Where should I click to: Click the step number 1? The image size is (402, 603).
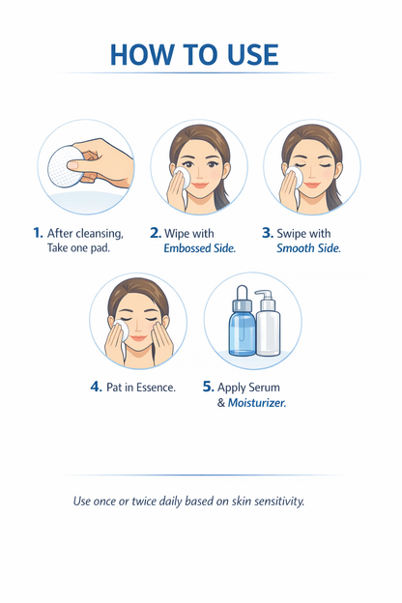pyautogui.click(x=38, y=233)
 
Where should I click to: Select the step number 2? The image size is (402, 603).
pyautogui.click(x=156, y=233)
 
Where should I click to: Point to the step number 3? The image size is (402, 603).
pyautogui.click(x=268, y=233)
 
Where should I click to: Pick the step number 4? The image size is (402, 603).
pyautogui.click(x=97, y=387)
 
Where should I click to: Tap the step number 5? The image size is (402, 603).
pyautogui.click(x=208, y=387)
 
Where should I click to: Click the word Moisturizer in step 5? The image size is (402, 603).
pyautogui.click(x=257, y=403)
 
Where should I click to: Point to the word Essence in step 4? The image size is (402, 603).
pyautogui.click(x=156, y=388)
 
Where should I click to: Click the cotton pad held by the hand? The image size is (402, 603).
pyautogui.click(x=65, y=166)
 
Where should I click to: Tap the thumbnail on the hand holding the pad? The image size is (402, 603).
pyautogui.click(x=72, y=165)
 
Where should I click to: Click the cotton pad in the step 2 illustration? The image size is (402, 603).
pyautogui.click(x=182, y=177)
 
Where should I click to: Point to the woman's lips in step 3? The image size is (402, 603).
pyautogui.click(x=311, y=186)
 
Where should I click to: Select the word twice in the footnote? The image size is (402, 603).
pyautogui.click(x=144, y=502)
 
